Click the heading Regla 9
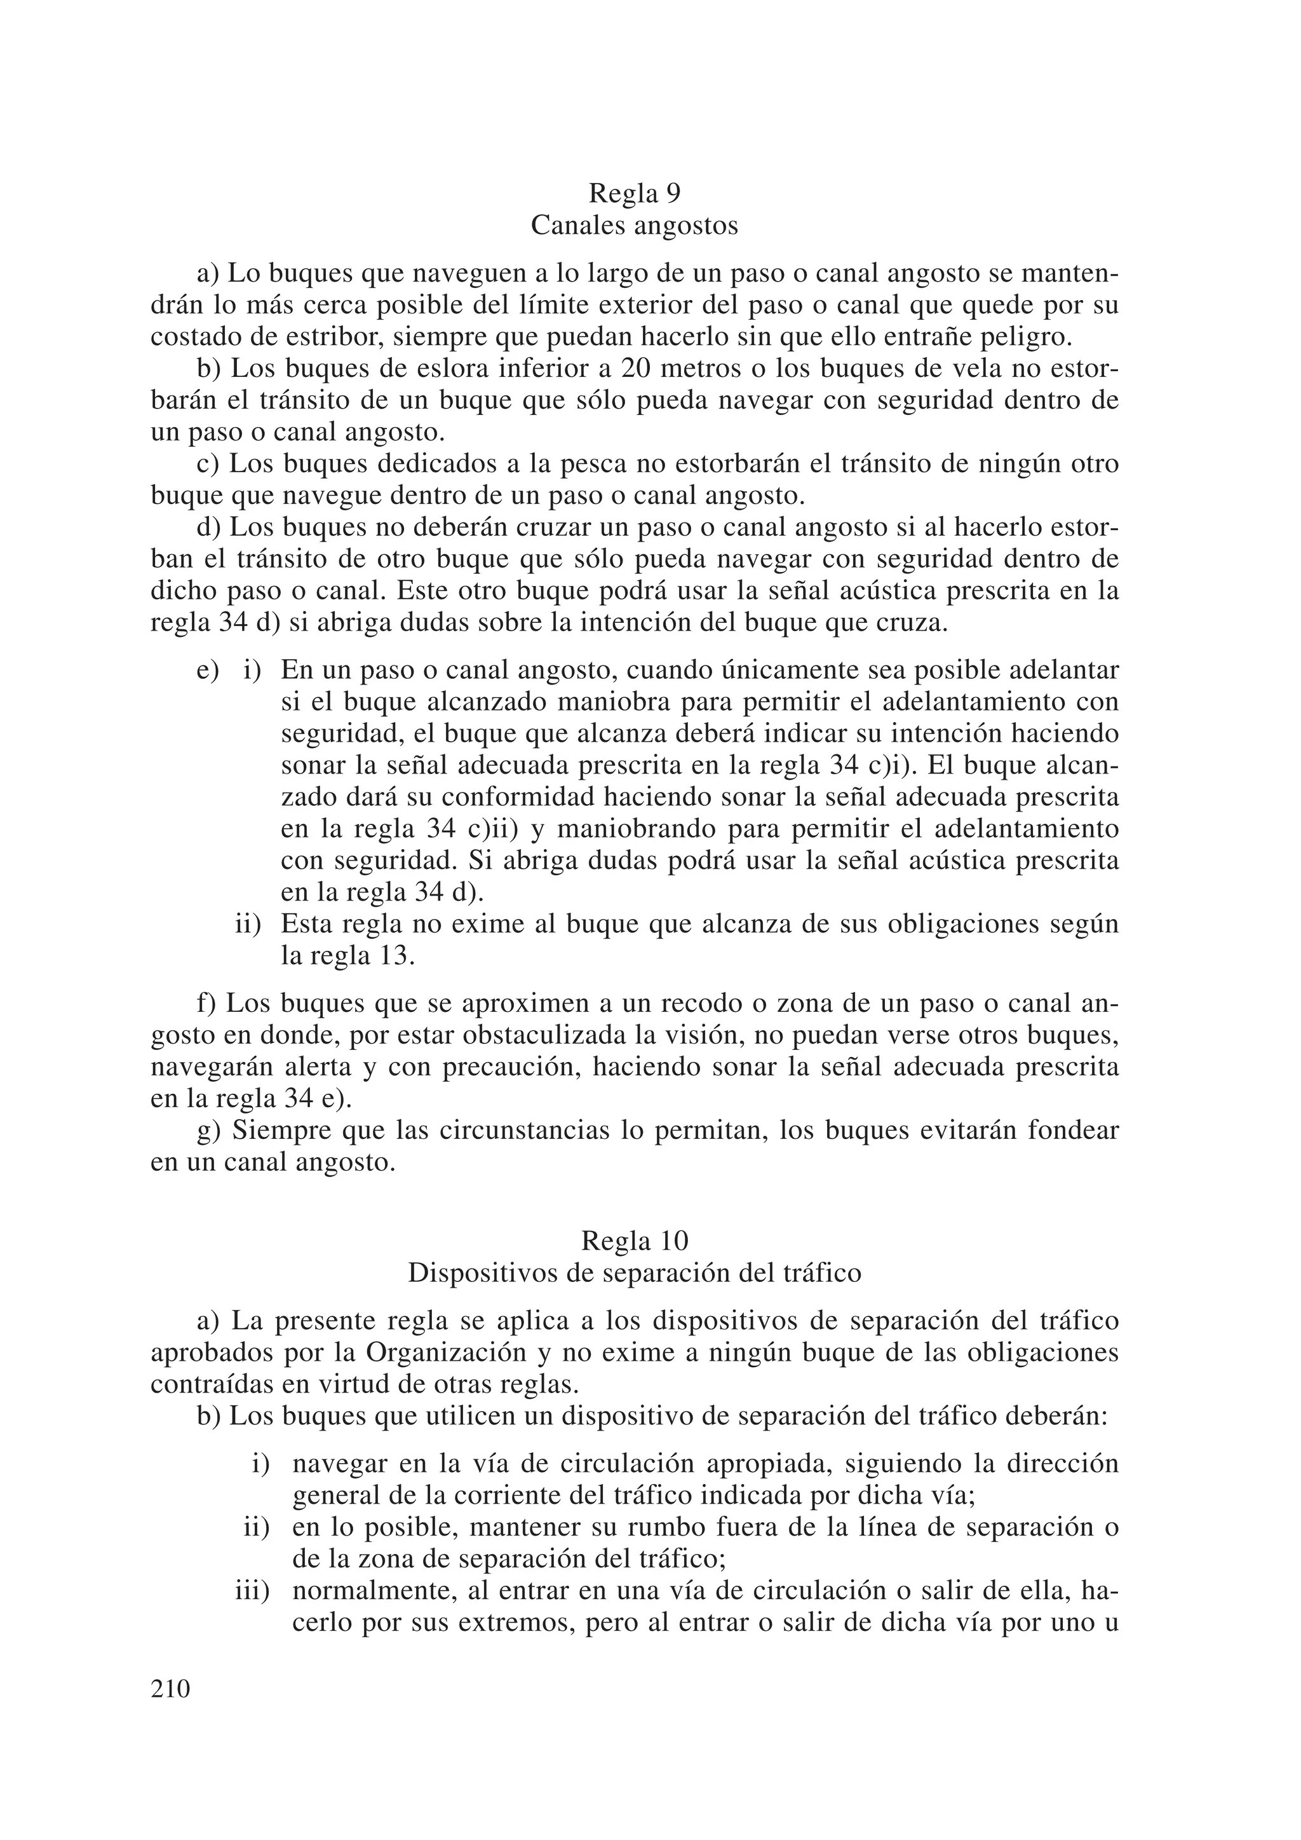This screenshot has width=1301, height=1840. pyautogui.click(x=634, y=194)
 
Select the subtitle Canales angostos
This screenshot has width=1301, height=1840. pyautogui.click(x=634, y=226)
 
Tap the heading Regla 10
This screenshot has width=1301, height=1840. pyautogui.click(x=634, y=1241)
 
